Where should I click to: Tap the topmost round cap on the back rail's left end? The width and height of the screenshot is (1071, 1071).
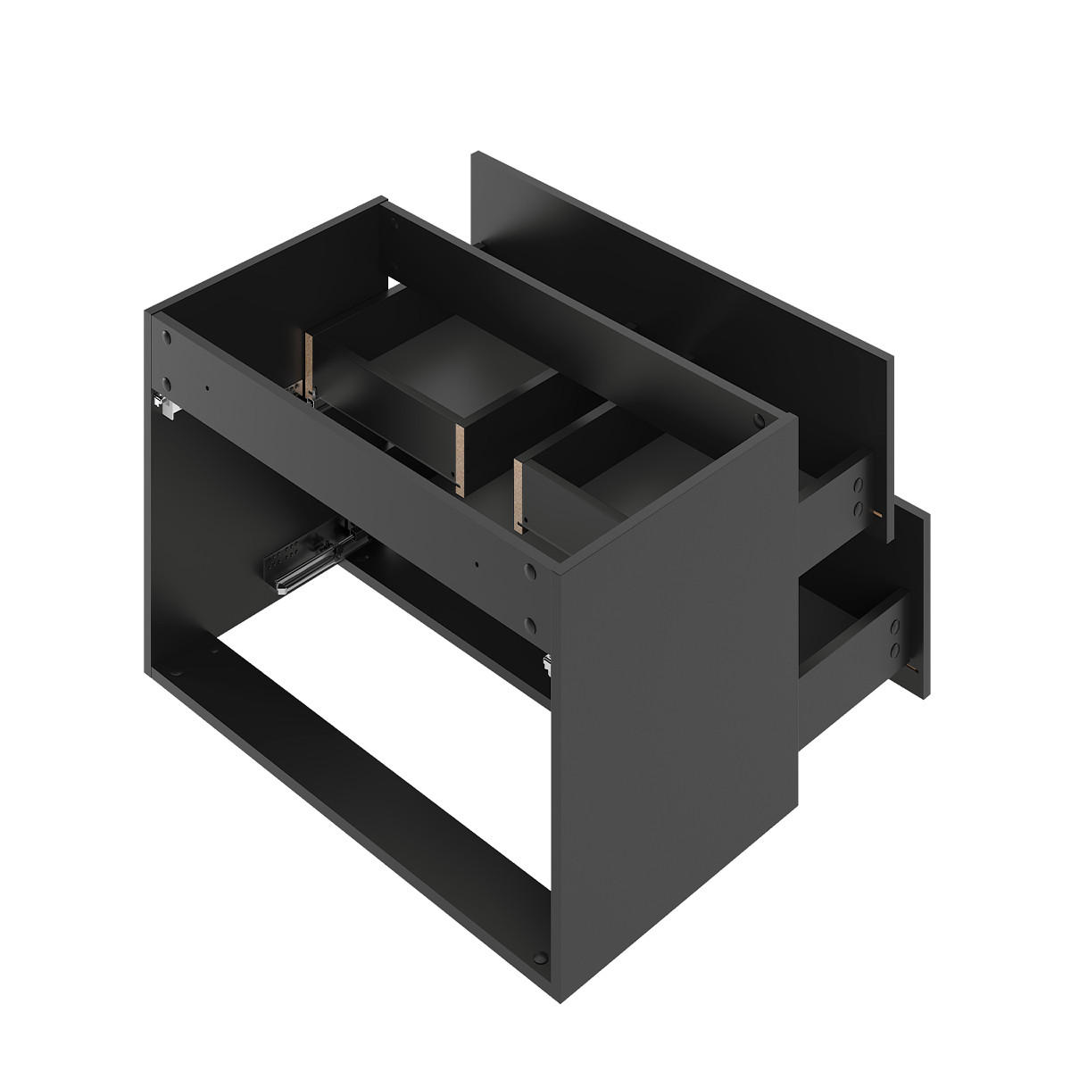pos(167,338)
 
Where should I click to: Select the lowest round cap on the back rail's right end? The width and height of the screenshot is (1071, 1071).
pos(529,625)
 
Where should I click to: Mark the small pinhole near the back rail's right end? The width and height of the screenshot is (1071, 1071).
pos(478,564)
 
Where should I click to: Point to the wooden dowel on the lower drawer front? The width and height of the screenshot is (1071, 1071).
pos(911,665)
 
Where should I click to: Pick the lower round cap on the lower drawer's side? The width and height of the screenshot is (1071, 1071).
pos(892,654)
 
